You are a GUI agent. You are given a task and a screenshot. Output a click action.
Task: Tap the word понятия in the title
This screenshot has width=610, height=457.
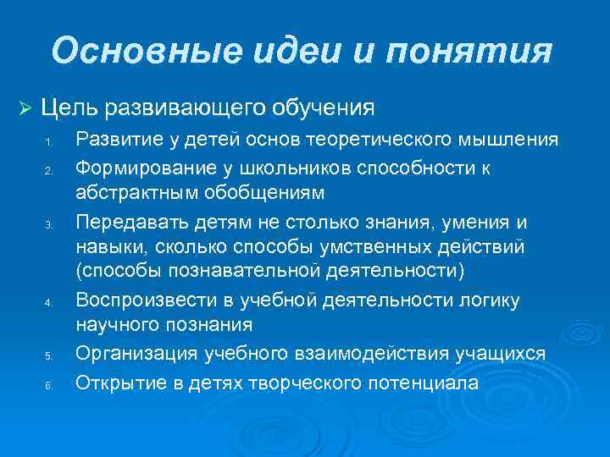470,52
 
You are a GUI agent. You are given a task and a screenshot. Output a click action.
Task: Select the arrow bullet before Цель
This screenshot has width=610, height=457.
25,108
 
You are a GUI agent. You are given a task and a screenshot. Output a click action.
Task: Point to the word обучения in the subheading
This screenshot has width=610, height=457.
322,108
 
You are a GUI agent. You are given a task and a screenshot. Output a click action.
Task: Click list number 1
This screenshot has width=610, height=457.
49,141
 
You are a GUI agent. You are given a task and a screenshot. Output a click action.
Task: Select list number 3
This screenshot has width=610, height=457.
49,224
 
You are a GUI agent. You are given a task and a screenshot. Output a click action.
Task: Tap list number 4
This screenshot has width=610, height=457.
49,303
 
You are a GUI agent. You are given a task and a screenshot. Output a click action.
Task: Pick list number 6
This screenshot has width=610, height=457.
49,385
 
